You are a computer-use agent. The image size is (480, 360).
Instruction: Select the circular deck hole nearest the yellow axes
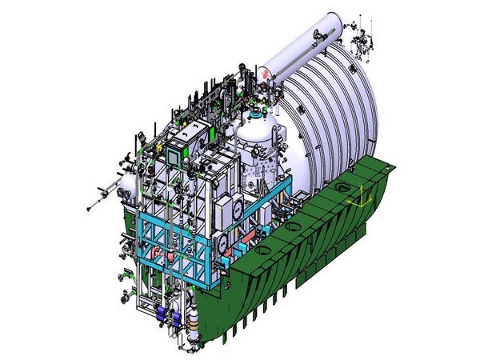click(342, 190)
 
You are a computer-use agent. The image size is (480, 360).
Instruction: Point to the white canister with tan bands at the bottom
click(195, 324)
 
